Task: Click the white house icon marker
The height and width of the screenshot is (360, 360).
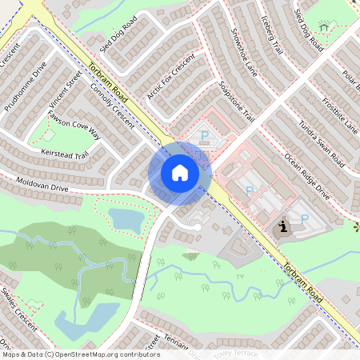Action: coord(179,172)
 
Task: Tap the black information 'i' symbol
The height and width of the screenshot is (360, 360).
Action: coord(283,227)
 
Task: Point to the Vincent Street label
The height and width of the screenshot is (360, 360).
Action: coord(66,92)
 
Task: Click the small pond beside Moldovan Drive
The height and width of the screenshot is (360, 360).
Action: coord(126,218)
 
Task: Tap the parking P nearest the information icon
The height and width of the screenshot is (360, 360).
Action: coord(304,218)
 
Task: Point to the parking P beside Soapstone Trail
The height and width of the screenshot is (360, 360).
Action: coord(203,136)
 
